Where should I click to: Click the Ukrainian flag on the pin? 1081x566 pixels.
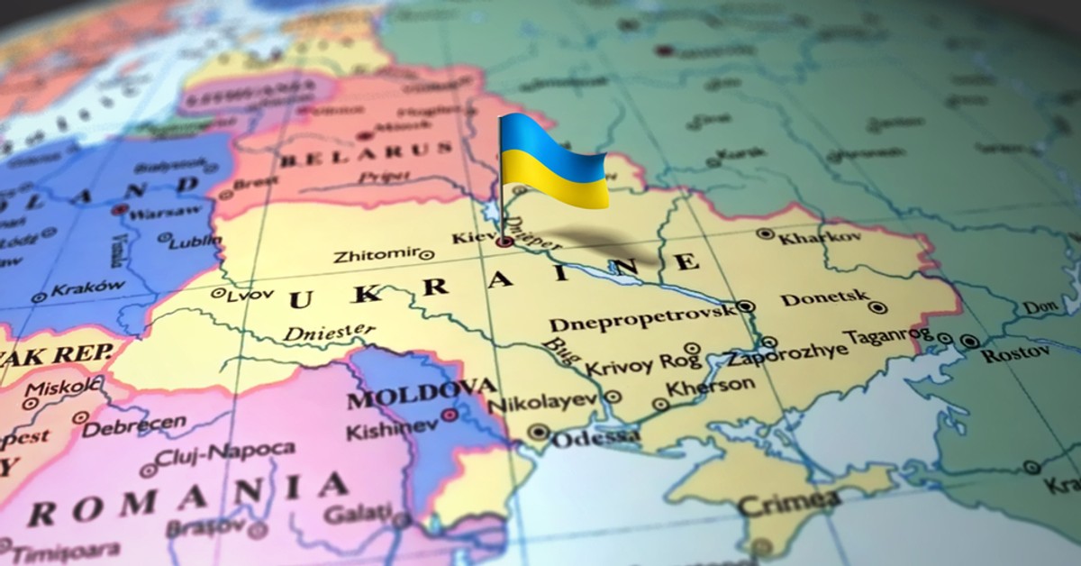pyautogui.click(x=553, y=161)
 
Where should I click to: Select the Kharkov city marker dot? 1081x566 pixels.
pyautogui.click(x=765, y=233)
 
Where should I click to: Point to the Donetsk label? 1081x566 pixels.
pyautogui.click(x=824, y=298)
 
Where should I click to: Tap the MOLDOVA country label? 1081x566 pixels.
pyautogui.click(x=421, y=394)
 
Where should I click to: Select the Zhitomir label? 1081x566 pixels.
pyautogui.click(x=375, y=256)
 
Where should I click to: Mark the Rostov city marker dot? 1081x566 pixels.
pyautogui.click(x=969, y=342)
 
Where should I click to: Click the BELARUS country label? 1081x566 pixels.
pyautogui.click(x=366, y=156)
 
